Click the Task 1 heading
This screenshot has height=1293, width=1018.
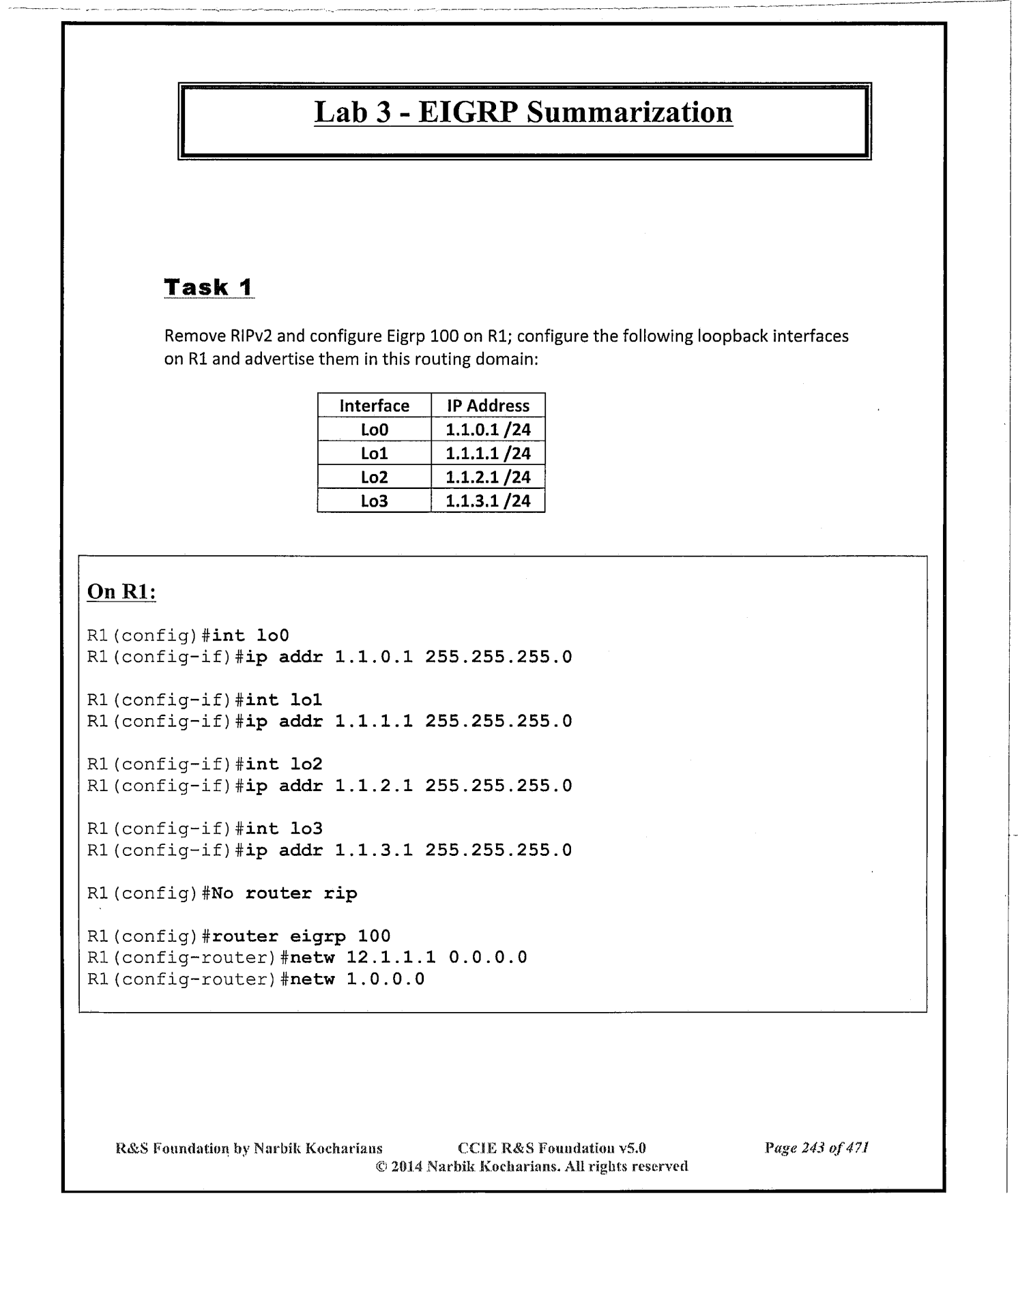pos(209,287)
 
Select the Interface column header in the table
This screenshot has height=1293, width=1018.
pos(374,406)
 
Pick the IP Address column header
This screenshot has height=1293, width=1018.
pos(488,406)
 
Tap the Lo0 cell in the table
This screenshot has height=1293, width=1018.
pos(374,430)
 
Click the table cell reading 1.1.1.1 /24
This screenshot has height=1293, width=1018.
pos(488,454)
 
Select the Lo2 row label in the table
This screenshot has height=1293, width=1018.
pos(374,477)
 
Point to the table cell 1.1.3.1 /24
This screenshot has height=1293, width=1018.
pos(488,501)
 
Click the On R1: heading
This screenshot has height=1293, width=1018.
pos(121,591)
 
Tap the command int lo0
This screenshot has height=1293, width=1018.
pos(250,636)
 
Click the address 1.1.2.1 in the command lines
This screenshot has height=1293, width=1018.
pos(374,786)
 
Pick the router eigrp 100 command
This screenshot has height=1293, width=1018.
pos(301,936)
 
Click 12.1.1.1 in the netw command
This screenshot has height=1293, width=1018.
pos(391,957)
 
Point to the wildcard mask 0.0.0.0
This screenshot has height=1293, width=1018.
pos(488,957)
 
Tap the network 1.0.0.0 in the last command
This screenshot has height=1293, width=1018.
pos(386,979)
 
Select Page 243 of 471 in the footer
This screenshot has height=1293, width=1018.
pos(816,1148)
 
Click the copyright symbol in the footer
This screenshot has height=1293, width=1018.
pos(381,1166)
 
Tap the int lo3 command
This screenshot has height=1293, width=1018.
pos(284,829)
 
